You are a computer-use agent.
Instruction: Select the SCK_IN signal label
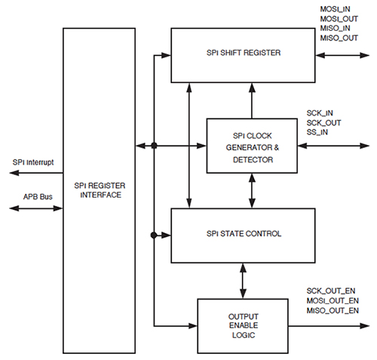tap(319, 112)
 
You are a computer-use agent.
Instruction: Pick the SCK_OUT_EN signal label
tap(331, 290)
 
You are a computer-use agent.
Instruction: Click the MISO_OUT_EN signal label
tap(333, 310)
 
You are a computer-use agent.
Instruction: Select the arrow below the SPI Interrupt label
tap(35, 173)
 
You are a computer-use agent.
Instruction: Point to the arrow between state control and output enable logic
tap(242, 281)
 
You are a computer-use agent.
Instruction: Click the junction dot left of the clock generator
tap(153, 146)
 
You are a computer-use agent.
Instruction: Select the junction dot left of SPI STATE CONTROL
tap(153, 235)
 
